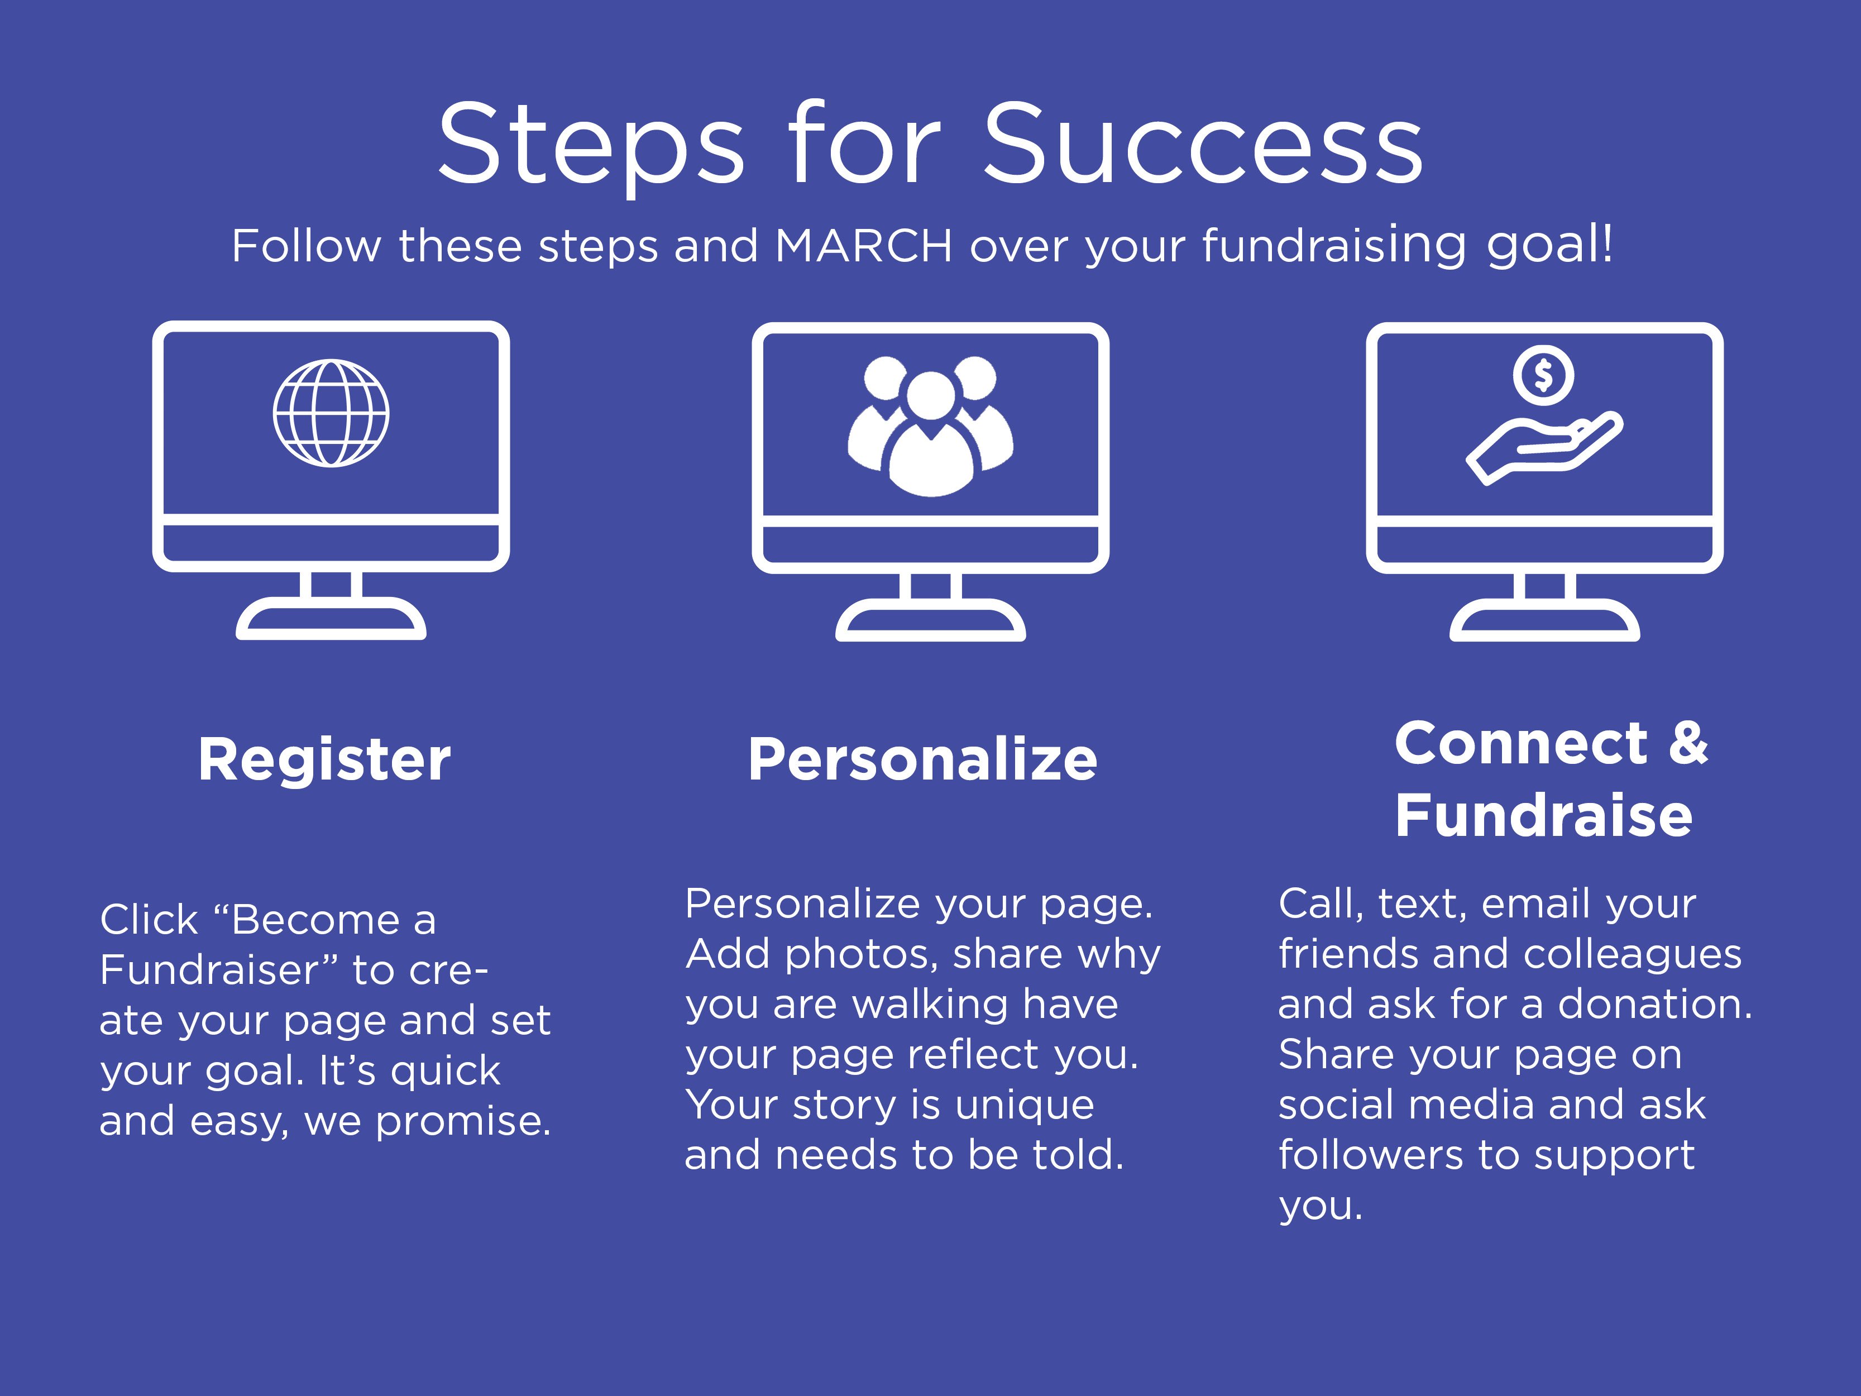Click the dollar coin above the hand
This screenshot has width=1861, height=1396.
1543,375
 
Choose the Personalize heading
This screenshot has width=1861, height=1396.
923,760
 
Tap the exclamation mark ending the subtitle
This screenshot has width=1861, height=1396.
1607,244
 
